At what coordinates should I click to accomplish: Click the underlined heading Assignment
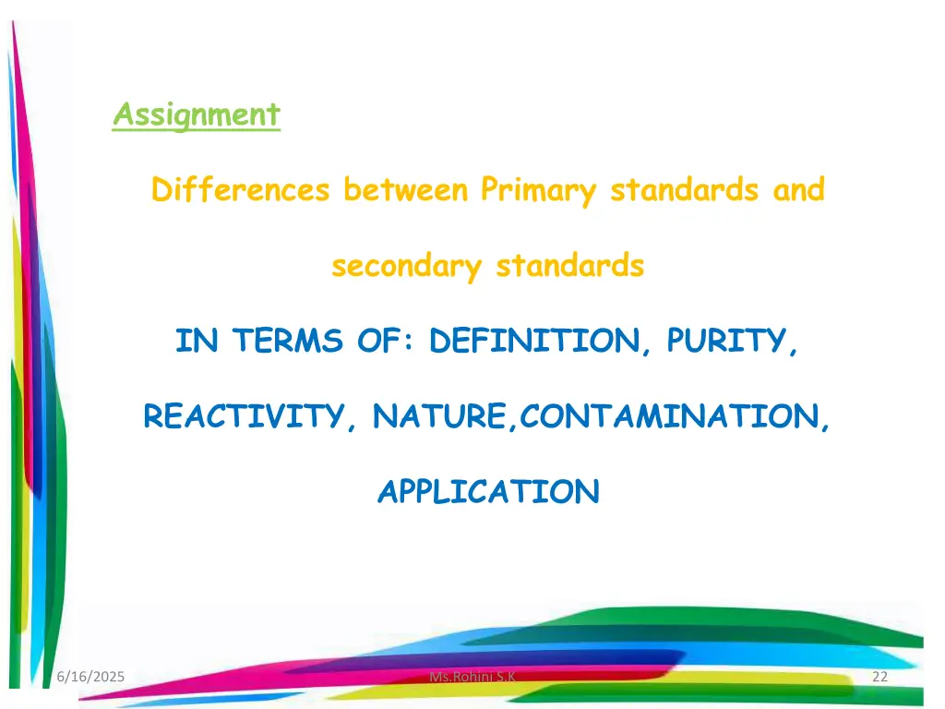coord(196,114)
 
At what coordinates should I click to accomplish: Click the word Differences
coord(240,190)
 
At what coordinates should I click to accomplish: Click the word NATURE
coord(439,417)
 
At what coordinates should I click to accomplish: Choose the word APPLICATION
coord(488,492)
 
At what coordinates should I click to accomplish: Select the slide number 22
coord(879,679)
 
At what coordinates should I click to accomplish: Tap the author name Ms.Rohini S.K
coord(472,679)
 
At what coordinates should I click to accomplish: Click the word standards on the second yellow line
coord(569,267)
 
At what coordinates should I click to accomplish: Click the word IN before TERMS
coord(196,342)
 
